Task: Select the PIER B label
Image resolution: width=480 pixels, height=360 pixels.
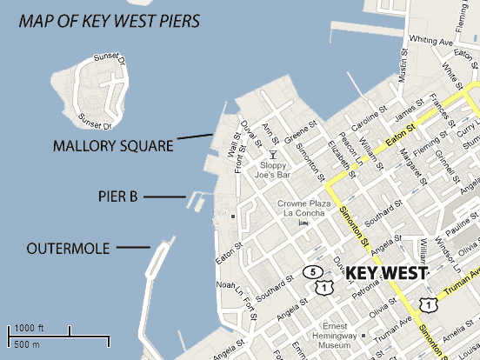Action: pyautogui.click(x=117, y=197)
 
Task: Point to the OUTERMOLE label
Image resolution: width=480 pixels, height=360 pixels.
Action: pyautogui.click(x=69, y=249)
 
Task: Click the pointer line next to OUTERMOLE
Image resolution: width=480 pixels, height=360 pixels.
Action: pyautogui.click(x=133, y=249)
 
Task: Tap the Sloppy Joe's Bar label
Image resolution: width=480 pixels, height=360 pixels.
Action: pyautogui.click(x=274, y=170)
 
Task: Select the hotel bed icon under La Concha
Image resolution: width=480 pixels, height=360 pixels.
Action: pyautogui.click(x=304, y=223)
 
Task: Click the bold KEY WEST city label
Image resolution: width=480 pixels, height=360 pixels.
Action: pyautogui.click(x=386, y=273)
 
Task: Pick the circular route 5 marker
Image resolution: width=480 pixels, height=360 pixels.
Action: pyautogui.click(x=310, y=271)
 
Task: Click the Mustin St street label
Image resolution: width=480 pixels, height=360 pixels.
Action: pyautogui.click(x=404, y=65)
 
